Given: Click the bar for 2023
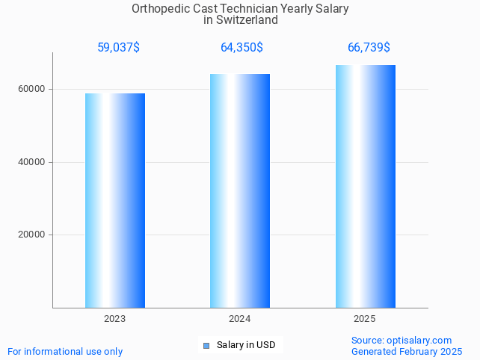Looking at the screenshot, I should (115, 200).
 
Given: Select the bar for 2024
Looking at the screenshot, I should (240, 190).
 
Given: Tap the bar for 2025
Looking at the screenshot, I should (365, 186).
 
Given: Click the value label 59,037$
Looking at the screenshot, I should (118, 48).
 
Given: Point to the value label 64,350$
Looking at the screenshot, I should (241, 48).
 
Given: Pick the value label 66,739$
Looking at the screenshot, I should (369, 48).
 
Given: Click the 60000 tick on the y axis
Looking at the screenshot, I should (31, 89).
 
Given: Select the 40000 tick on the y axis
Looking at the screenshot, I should (31, 162).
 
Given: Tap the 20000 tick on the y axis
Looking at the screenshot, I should (31, 235).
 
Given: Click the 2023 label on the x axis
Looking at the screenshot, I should (115, 319).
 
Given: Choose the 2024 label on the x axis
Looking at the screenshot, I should (240, 319).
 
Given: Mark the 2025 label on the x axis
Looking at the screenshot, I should (365, 319).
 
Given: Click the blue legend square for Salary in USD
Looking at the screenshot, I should (206, 345).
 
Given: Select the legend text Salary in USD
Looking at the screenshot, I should (246, 345).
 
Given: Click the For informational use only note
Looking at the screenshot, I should (65, 351).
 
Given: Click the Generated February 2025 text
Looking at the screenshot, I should (407, 351).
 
